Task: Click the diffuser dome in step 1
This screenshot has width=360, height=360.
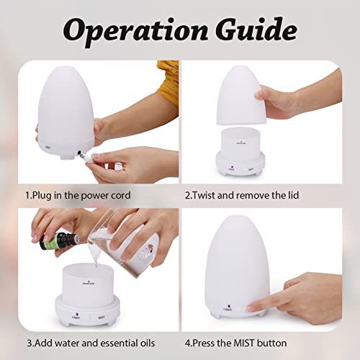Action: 68,108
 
